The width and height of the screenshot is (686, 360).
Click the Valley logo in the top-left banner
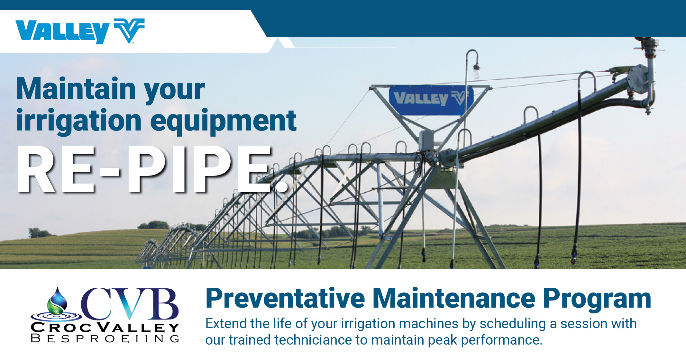tap(80, 31)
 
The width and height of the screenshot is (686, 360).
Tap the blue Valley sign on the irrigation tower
tap(430, 100)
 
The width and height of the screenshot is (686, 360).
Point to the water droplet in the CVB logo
tap(57, 301)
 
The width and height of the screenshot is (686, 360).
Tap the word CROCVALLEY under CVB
tap(105, 328)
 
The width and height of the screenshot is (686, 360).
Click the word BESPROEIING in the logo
tap(105, 339)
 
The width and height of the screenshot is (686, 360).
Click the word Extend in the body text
tap(226, 324)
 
